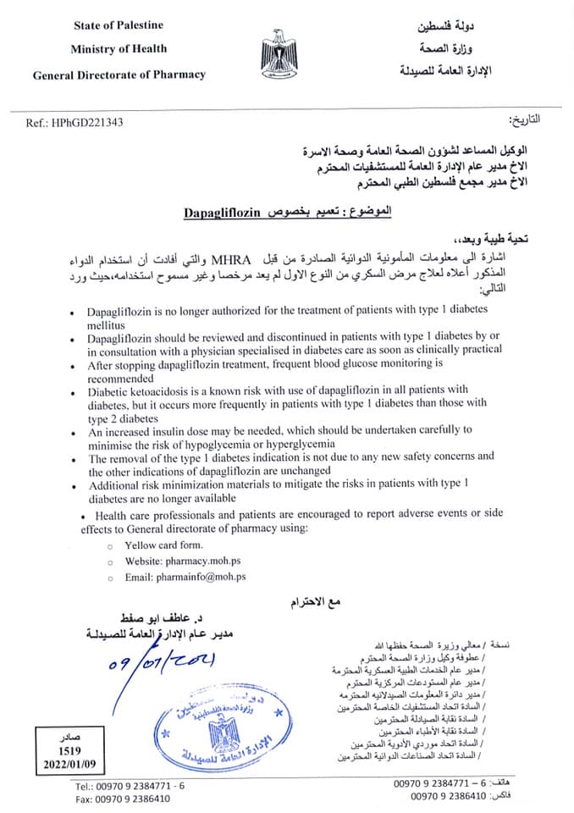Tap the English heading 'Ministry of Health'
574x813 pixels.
point(119,48)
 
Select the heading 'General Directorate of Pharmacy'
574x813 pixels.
point(119,75)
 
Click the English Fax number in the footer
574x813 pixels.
point(123,799)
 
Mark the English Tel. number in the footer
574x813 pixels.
point(130,786)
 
